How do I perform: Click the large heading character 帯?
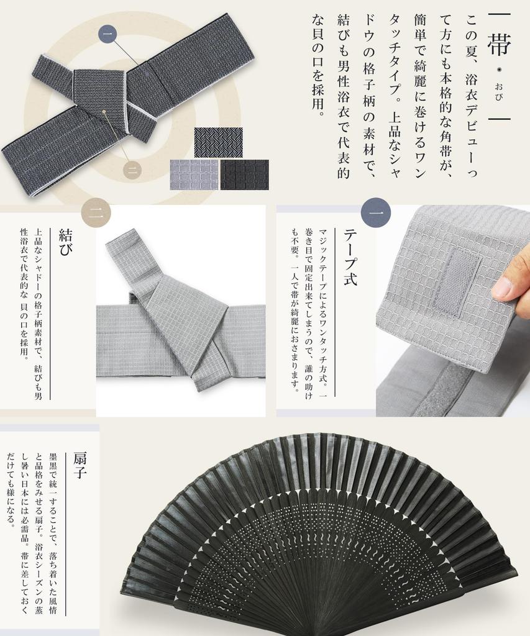point(499,43)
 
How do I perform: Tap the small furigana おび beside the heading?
point(499,91)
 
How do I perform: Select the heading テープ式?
point(350,257)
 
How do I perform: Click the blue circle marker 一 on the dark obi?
point(108,34)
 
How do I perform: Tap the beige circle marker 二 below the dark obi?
point(131,170)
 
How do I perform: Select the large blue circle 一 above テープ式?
point(376,212)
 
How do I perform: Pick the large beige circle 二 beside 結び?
point(96,213)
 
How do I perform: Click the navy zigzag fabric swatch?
point(218,142)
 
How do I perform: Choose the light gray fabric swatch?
point(194,175)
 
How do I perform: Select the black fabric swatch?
point(245,175)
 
